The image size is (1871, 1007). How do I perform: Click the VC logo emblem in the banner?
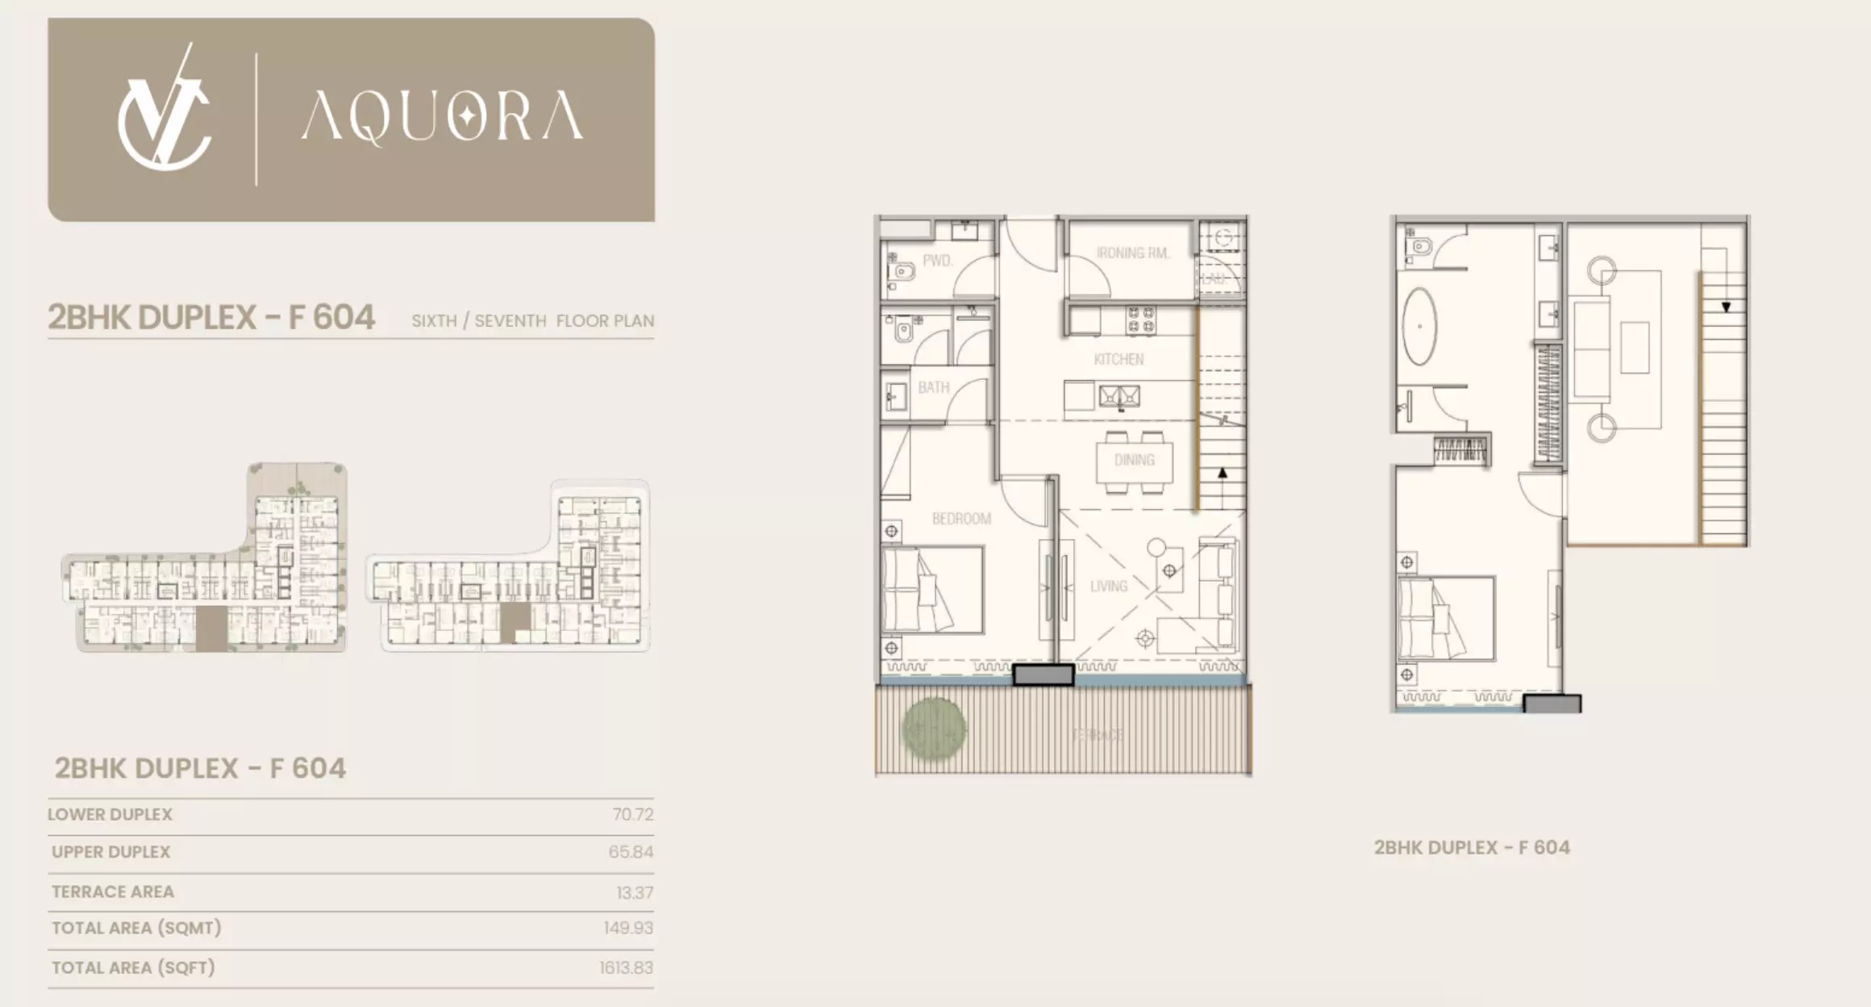coord(165,113)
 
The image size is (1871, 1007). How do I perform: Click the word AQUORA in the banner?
coord(442,117)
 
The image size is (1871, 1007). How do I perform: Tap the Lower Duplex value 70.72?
coord(632,815)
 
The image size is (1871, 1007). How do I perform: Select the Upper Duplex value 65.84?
coord(631,852)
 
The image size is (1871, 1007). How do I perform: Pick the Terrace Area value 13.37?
coord(635,892)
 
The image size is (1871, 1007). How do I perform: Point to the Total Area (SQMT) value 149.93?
coord(628,928)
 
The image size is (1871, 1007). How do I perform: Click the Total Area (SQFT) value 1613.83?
coord(626,967)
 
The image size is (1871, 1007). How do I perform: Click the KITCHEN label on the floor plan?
coord(1119,359)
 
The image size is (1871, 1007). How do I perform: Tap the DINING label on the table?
coord(1134,460)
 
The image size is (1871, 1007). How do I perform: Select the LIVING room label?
coord(1109,587)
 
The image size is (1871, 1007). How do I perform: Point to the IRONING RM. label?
coord(1132,253)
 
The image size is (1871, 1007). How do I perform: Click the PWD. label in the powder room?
coord(937,261)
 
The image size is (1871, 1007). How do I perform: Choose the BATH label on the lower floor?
coord(933,388)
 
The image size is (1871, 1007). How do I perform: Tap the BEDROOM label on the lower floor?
coord(961,519)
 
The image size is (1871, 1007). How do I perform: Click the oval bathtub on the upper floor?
coord(1420,327)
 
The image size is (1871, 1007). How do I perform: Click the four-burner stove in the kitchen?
coord(1140,320)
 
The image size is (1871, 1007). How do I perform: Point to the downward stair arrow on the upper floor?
coord(1726,306)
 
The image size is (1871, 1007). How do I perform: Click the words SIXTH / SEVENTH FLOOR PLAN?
coord(532,321)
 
